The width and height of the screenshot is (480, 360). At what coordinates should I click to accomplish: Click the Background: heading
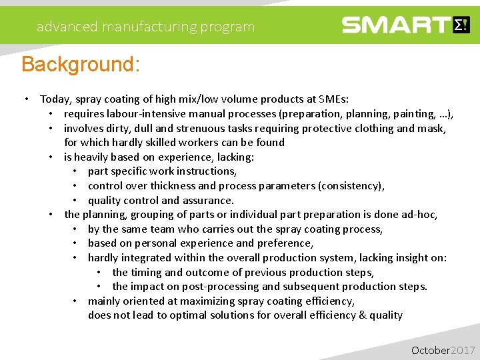pos(81,65)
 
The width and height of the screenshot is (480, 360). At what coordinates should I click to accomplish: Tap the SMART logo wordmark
pos(397,25)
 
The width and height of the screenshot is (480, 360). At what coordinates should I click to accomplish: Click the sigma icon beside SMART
pos(461,25)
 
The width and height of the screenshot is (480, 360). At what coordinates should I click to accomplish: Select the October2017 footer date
pos(443,350)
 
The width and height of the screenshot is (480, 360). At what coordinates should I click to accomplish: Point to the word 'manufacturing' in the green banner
pos(147,27)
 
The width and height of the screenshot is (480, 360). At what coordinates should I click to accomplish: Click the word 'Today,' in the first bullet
pos(56,99)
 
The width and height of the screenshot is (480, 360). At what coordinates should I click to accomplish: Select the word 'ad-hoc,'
pos(420,215)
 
